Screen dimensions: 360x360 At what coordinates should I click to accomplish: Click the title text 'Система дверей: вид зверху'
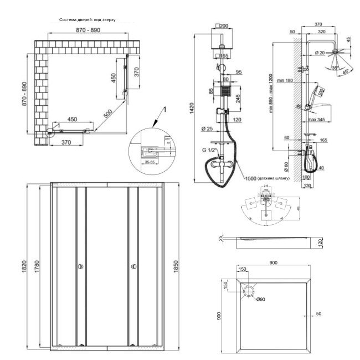coord(88,19)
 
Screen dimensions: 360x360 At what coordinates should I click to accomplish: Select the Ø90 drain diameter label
coord(261,300)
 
